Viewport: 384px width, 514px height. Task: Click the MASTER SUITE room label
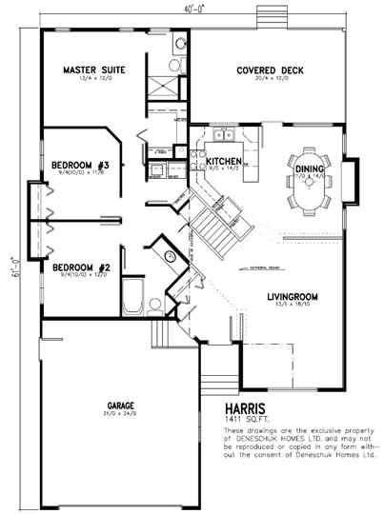tap(88, 69)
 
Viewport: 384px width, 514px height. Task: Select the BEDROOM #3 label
tap(81, 166)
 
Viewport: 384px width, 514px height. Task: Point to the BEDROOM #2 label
tap(81, 267)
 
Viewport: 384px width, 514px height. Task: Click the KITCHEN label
tap(222, 162)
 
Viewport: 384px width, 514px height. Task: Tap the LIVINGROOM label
tap(292, 296)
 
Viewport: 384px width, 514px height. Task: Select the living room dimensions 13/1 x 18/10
tap(292, 305)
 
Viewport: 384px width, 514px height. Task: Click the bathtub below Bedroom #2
tap(132, 296)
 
